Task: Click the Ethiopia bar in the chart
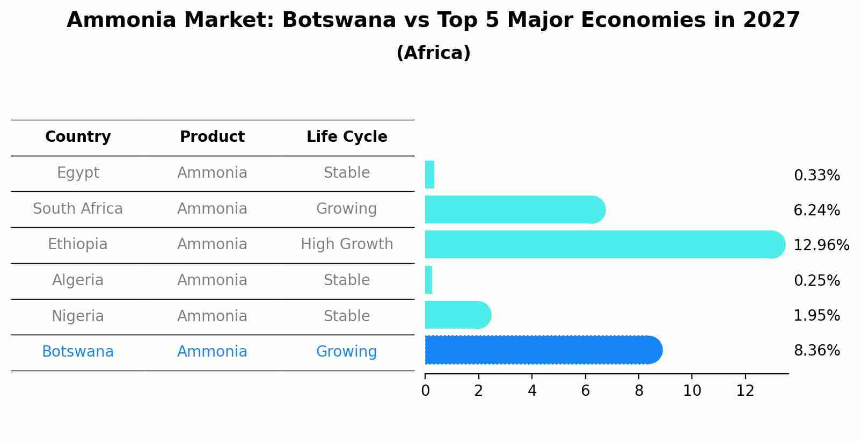(604, 244)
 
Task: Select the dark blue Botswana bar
(542, 350)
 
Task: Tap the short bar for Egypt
(429, 175)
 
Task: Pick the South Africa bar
(514, 209)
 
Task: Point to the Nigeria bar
(457, 315)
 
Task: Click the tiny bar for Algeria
(428, 280)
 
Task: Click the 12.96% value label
(821, 245)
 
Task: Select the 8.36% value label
(816, 351)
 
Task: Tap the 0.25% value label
(816, 280)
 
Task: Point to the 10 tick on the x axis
(692, 391)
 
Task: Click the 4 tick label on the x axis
(532, 391)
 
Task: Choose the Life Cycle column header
(347, 137)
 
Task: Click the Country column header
(78, 137)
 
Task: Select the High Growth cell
(347, 244)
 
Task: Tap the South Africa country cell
(78, 209)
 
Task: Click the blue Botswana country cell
(78, 352)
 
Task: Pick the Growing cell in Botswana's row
(347, 352)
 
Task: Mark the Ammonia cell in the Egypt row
(212, 173)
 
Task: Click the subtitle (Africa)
(433, 53)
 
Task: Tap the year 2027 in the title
(771, 20)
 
